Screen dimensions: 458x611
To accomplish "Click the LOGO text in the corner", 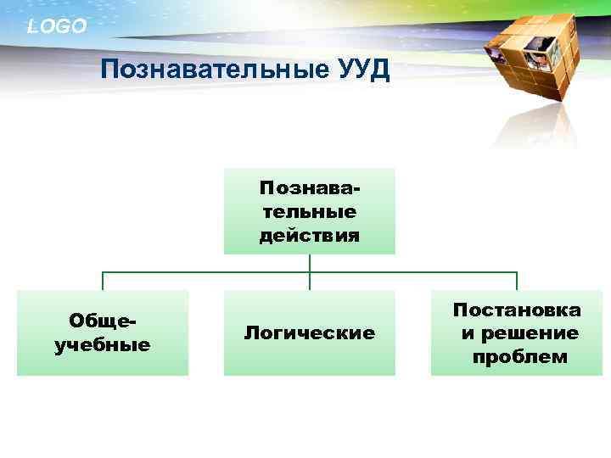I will pyautogui.click(x=57, y=26).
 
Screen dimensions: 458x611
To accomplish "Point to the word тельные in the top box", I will pyautogui.click(x=309, y=210).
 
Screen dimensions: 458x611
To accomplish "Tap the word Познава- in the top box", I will pyautogui.click(x=309, y=186).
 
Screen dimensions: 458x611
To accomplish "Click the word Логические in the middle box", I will pyautogui.click(x=309, y=333).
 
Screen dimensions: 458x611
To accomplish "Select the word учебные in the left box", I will pyautogui.click(x=103, y=345).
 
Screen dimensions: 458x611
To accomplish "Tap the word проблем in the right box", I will pyautogui.click(x=519, y=357).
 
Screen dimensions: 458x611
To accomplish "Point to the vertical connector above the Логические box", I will pyautogui.click(x=310, y=282).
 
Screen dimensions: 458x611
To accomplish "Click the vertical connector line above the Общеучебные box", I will pyautogui.click(x=103, y=282).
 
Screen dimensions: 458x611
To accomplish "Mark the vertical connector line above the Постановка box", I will pyautogui.click(x=517, y=282).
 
